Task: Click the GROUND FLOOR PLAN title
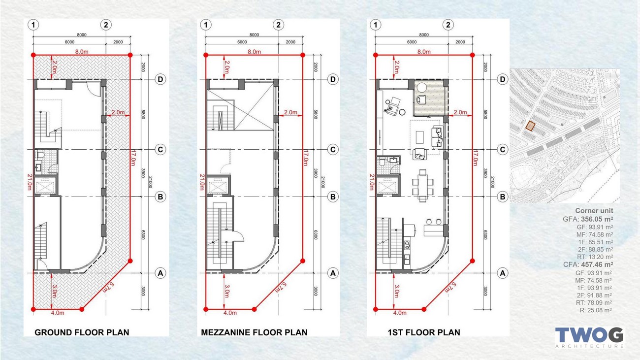point(82,332)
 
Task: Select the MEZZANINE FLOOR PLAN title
point(254,332)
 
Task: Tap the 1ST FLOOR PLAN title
point(424,332)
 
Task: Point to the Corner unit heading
point(594,211)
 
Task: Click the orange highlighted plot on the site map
point(530,126)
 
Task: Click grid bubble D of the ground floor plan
point(160,79)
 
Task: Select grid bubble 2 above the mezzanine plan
point(278,25)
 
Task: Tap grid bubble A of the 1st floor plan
point(502,273)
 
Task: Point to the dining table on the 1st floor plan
point(423,186)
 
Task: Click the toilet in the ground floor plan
point(41,156)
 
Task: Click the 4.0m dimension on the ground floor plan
point(58,313)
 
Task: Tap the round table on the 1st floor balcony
point(422,88)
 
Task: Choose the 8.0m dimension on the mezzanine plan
point(254,52)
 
